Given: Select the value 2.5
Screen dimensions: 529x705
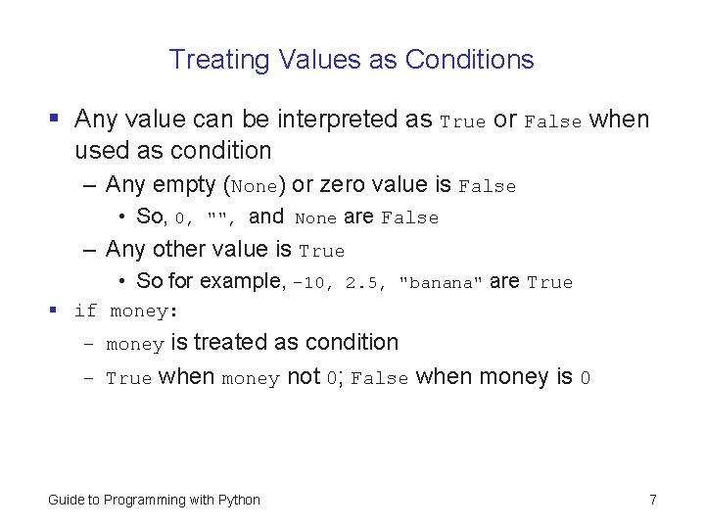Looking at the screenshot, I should [x=363, y=283].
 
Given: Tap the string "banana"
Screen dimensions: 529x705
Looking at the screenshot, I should [x=441, y=283].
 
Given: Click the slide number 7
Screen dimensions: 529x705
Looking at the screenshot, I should [x=652, y=500].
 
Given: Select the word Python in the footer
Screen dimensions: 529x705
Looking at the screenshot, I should [x=239, y=500].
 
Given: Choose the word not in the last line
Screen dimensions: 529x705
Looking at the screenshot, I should [x=303, y=377].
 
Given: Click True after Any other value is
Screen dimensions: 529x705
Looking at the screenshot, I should [x=321, y=251].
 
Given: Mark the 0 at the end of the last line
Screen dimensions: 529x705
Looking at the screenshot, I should [x=585, y=378].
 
